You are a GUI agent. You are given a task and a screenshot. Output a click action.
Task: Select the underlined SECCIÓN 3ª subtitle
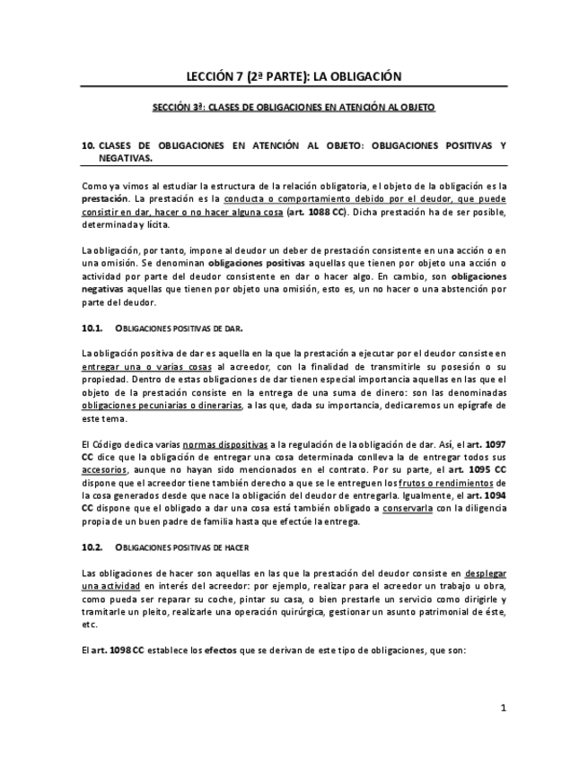(294, 107)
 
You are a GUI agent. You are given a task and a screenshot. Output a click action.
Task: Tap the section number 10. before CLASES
(87, 144)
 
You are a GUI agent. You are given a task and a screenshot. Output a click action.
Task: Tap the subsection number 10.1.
(92, 329)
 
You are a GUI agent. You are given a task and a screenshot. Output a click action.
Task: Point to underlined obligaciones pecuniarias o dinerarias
(162, 405)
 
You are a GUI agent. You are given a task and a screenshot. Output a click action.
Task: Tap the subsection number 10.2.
(92, 547)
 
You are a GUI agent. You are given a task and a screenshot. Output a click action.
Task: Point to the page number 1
(504, 708)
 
